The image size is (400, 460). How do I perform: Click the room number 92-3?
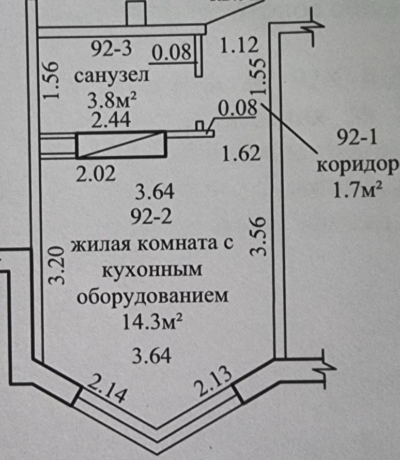click(112, 50)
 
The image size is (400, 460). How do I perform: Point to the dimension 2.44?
click(110, 120)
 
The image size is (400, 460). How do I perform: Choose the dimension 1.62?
click(239, 154)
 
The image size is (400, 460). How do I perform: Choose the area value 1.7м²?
click(358, 192)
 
